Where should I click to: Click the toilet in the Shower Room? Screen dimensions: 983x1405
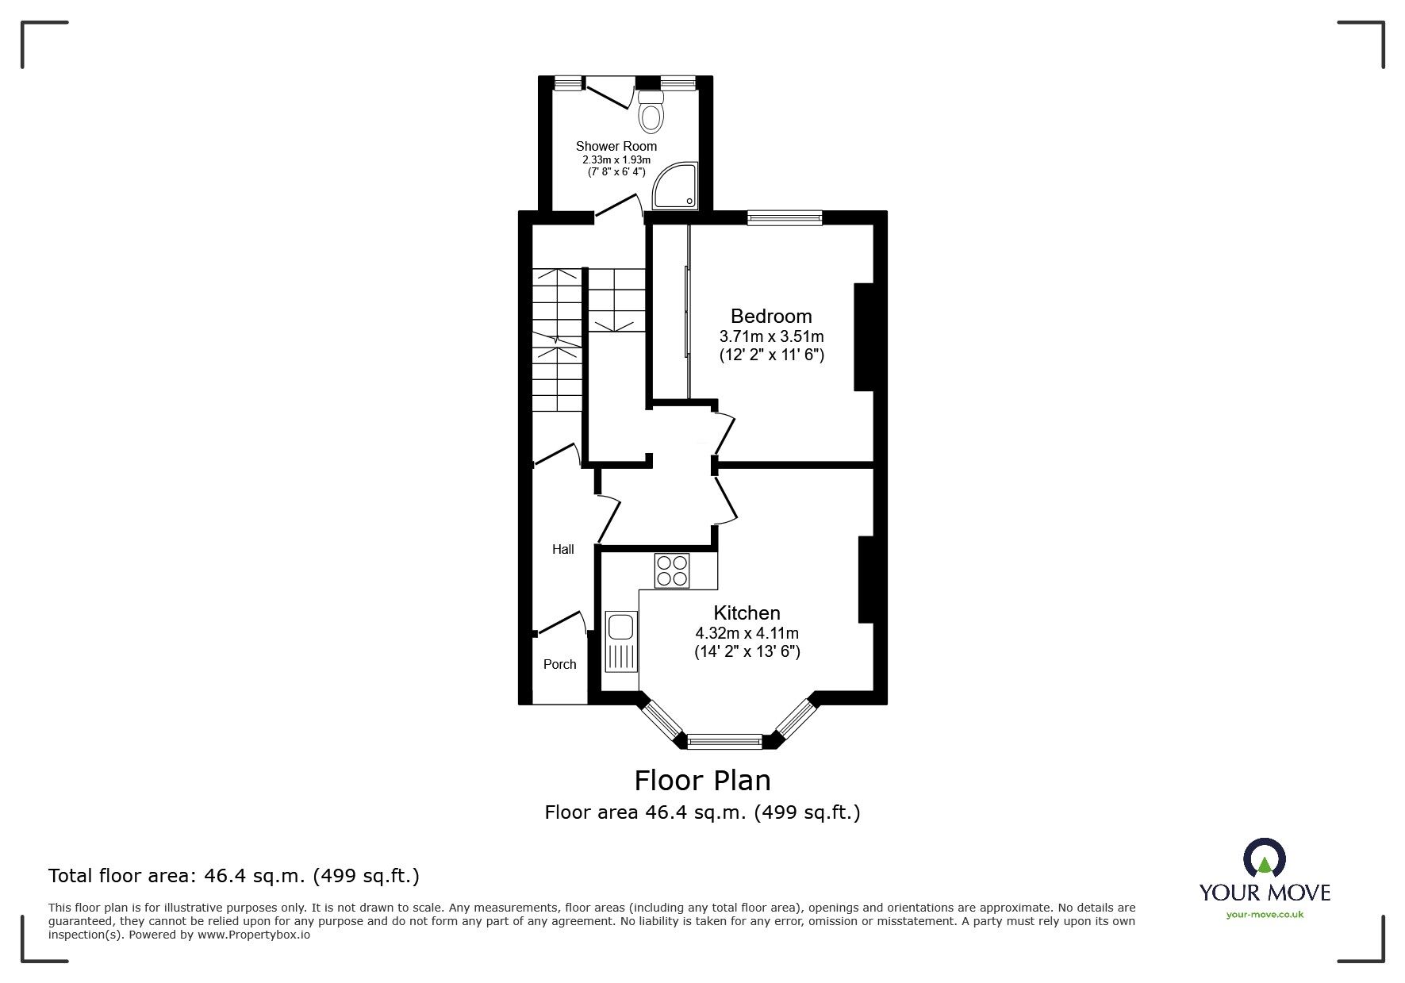651,113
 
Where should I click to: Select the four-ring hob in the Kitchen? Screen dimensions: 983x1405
671,570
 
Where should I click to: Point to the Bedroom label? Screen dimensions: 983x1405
771,317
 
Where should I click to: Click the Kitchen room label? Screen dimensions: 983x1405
747,612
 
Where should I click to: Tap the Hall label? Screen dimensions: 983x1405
562,549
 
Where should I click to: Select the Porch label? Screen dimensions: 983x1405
559,664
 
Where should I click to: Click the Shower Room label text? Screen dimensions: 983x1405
616,146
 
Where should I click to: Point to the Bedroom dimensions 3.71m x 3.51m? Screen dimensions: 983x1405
771,336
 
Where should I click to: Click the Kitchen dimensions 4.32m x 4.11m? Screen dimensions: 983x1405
747,633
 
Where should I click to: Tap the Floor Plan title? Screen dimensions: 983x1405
702,780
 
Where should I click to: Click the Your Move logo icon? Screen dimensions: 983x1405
1264,858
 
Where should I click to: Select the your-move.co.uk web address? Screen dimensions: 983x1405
1265,915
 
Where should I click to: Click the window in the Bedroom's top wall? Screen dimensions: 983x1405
784,217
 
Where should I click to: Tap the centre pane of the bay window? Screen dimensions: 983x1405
724,742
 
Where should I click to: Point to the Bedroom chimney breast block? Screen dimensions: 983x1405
862,337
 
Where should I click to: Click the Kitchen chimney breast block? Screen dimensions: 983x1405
866,579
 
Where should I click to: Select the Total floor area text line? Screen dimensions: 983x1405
234,876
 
